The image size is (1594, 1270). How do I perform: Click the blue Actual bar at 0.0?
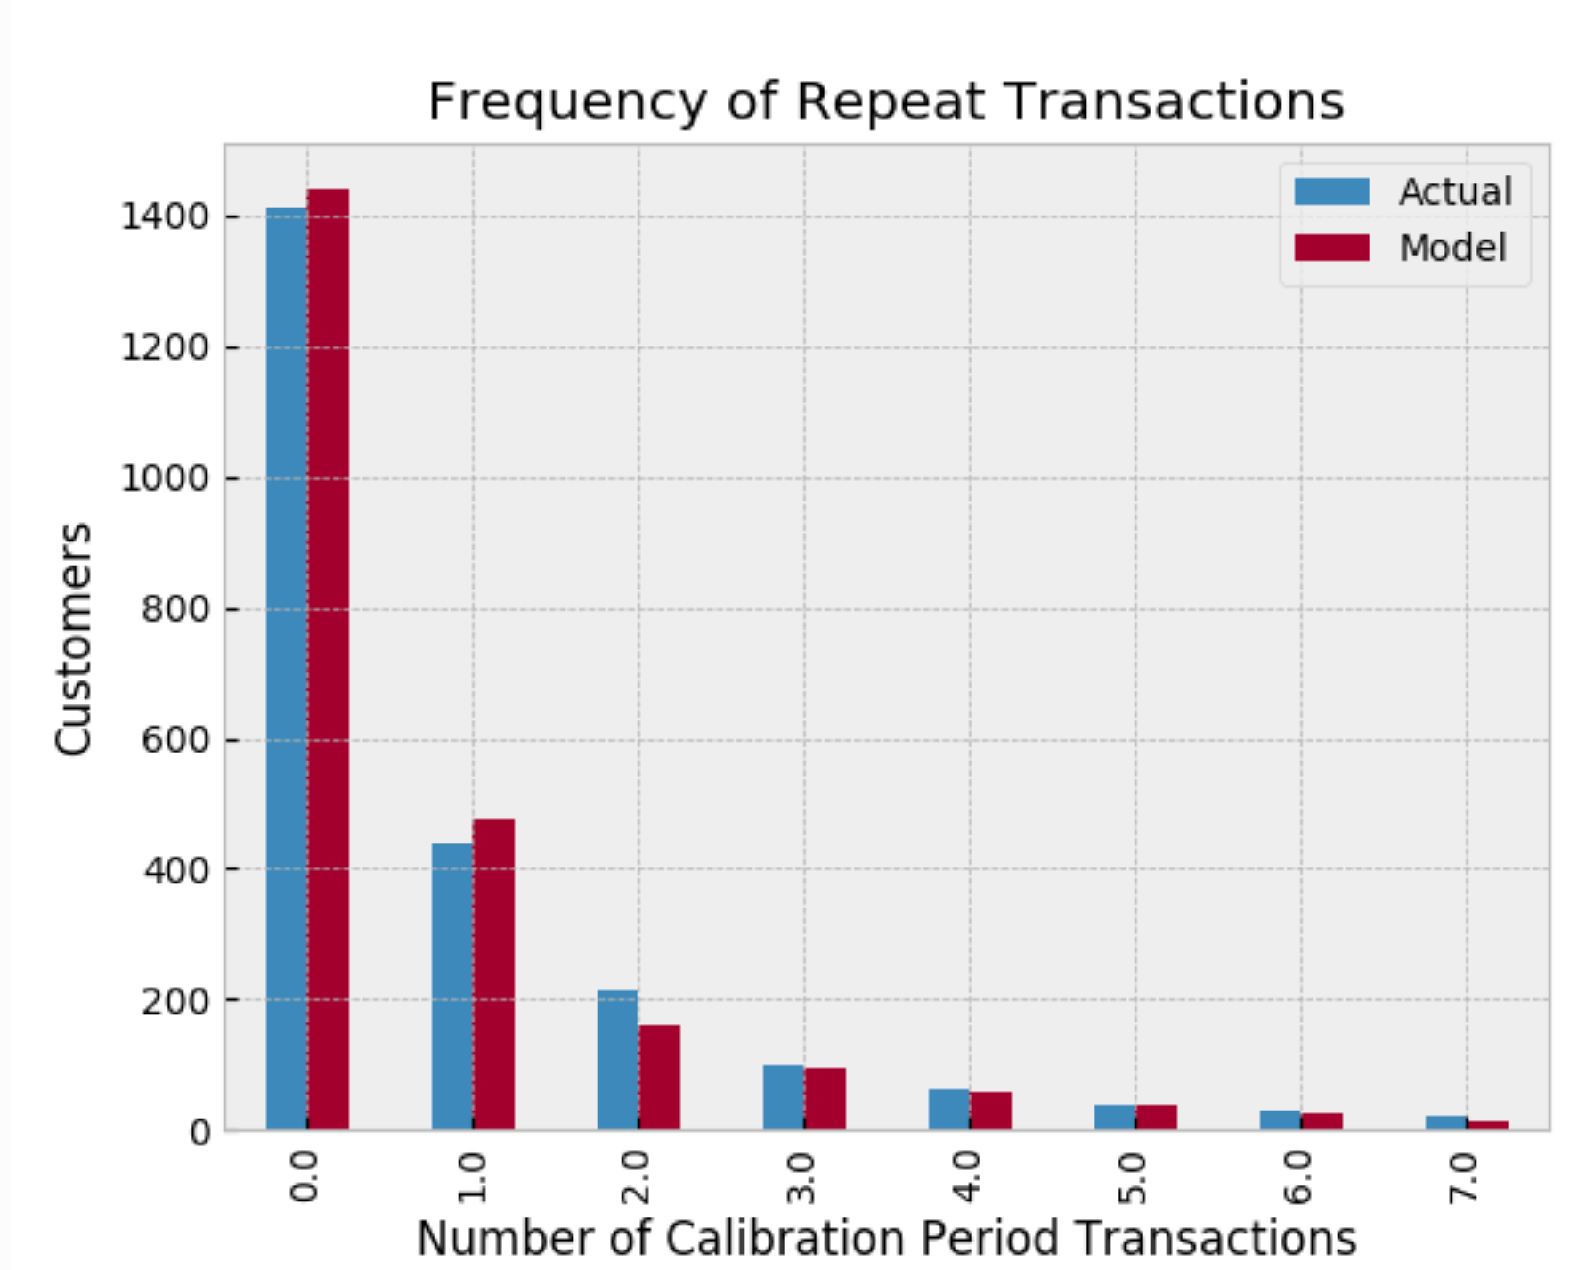pyautogui.click(x=287, y=668)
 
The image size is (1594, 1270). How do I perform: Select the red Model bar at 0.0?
pyautogui.click(x=328, y=659)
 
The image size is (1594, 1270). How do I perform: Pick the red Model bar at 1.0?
pyautogui.click(x=493, y=974)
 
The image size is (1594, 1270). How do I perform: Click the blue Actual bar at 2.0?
pyautogui.click(x=618, y=1060)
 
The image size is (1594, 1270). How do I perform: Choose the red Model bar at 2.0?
pyautogui.click(x=659, y=1078)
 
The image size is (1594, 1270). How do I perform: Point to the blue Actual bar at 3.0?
pyautogui.click(x=784, y=1097)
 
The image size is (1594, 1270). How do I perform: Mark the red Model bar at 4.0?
pyautogui.click(x=990, y=1111)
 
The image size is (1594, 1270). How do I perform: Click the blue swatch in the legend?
pyautogui.click(x=1331, y=191)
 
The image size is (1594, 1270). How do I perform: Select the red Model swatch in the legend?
pyautogui.click(x=1331, y=248)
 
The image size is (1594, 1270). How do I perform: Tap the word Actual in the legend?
pyautogui.click(x=1455, y=191)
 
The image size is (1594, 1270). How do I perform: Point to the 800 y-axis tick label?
pyautogui.click(x=175, y=609)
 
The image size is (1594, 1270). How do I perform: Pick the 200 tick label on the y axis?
pyautogui.click(x=175, y=1001)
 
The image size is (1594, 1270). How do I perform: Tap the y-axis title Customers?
pyautogui.click(x=73, y=639)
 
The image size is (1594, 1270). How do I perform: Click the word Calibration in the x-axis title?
pyautogui.click(x=786, y=1238)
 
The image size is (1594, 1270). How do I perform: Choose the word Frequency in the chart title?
pyautogui.click(x=567, y=102)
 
